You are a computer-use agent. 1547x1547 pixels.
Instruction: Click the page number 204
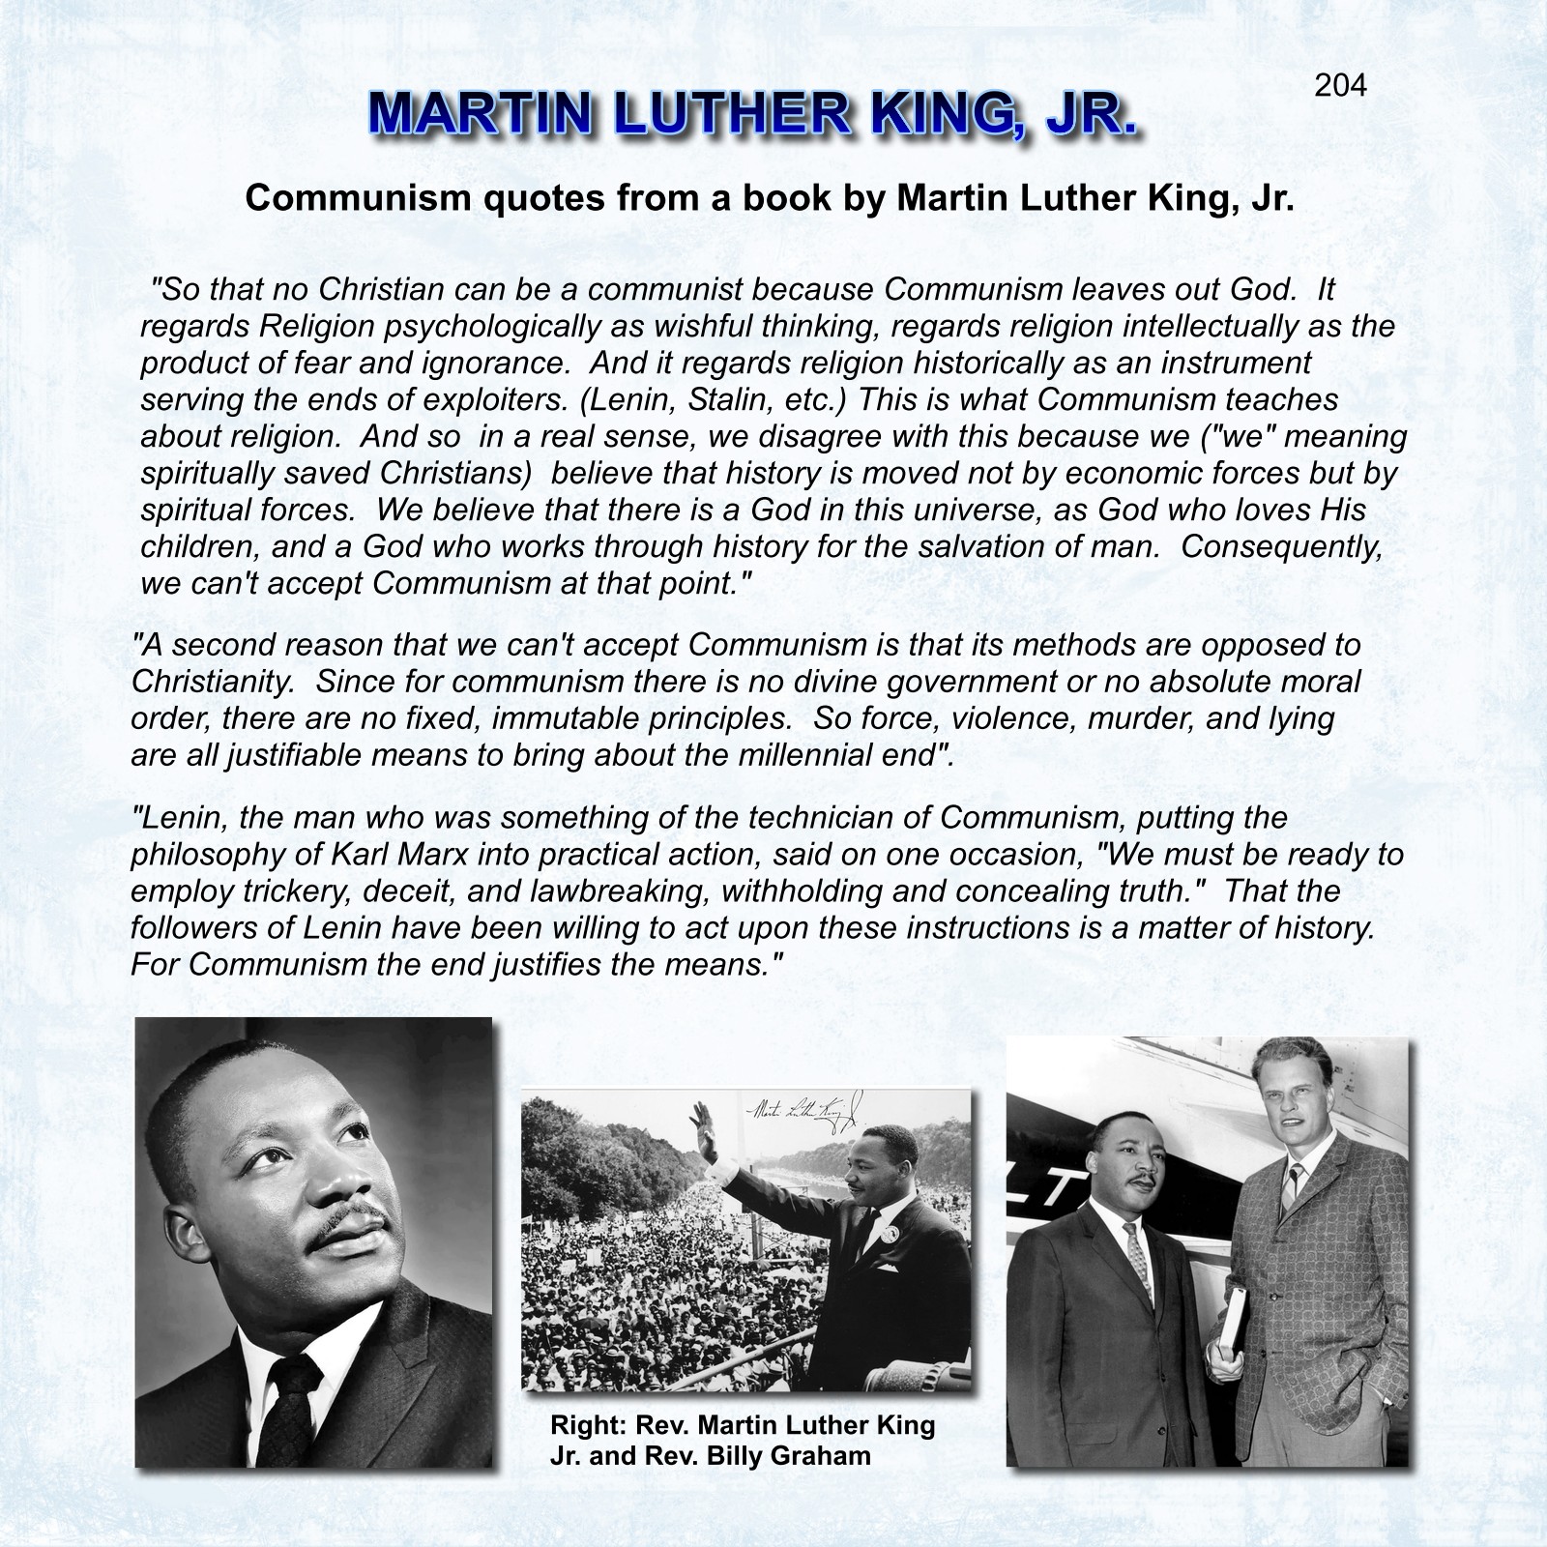[1340, 86]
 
